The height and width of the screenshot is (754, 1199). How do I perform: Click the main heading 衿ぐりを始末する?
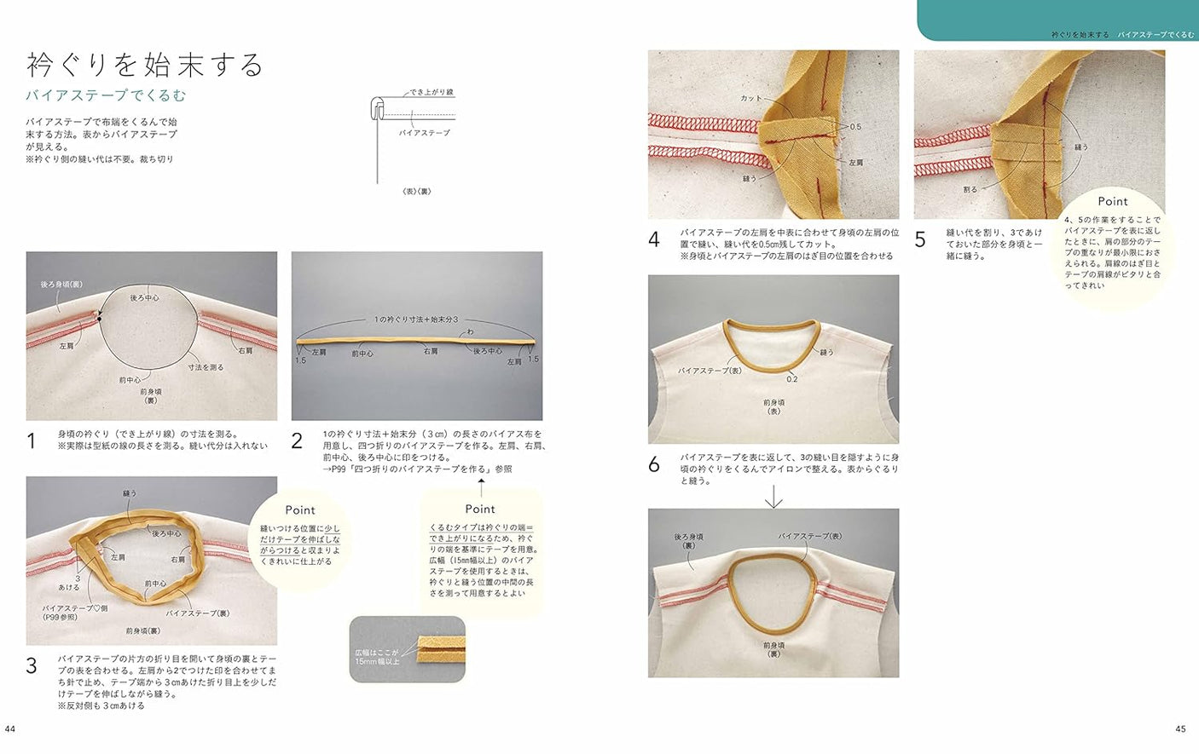[x=145, y=65]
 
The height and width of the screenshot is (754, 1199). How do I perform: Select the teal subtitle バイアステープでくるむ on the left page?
[x=106, y=95]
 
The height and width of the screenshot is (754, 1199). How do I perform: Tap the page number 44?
[x=10, y=728]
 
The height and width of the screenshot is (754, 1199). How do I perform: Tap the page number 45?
[x=1180, y=728]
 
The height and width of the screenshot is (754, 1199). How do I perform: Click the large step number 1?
[x=32, y=441]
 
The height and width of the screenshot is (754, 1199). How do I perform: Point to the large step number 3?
[x=32, y=666]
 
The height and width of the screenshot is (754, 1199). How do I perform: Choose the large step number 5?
[x=920, y=240]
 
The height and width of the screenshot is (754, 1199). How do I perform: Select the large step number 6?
[x=654, y=465]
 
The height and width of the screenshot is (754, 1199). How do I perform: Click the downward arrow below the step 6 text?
[x=773, y=496]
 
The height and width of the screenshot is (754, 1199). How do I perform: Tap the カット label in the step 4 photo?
[x=750, y=98]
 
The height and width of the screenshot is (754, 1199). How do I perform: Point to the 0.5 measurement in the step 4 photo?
[x=855, y=127]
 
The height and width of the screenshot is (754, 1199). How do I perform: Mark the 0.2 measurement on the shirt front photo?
[x=792, y=379]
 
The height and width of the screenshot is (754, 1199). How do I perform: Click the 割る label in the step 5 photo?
[x=970, y=189]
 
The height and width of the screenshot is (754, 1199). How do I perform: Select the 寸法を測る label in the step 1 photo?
[x=206, y=367]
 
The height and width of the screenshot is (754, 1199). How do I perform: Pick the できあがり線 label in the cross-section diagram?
[x=432, y=92]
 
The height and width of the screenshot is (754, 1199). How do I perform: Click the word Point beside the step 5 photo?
[x=1112, y=201]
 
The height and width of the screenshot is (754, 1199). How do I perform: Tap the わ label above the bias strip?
[x=470, y=332]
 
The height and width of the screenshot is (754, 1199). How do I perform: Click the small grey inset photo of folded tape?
[x=408, y=649]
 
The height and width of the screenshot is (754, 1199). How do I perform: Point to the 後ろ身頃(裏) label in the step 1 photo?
[x=61, y=285]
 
